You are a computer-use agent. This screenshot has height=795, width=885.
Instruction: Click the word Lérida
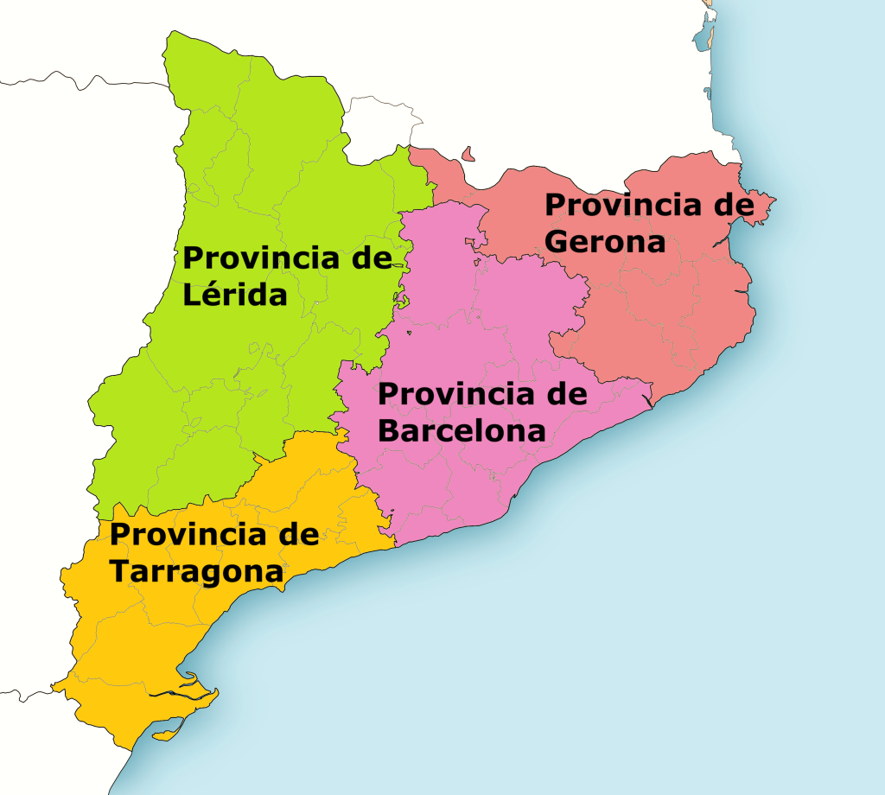[x=234, y=296]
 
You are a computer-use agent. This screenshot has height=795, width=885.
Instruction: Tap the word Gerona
[x=605, y=241]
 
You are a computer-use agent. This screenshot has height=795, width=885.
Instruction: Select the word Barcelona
[x=462, y=430]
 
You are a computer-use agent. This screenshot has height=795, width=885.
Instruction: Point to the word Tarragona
[x=196, y=571]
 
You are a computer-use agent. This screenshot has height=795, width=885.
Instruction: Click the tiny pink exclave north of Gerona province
[x=469, y=155]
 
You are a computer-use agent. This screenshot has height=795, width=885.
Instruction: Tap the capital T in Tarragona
[x=119, y=571]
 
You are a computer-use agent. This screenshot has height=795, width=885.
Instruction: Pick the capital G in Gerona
[x=557, y=241]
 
